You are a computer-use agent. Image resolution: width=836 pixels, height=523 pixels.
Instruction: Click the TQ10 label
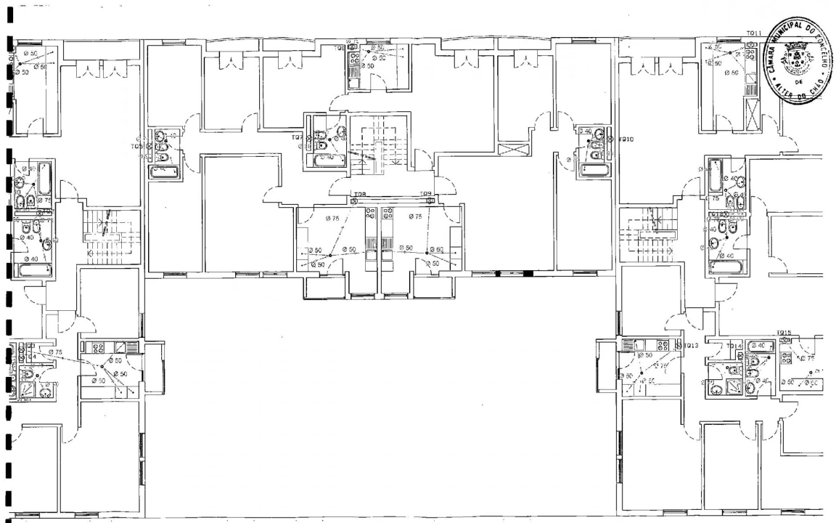tap(626, 138)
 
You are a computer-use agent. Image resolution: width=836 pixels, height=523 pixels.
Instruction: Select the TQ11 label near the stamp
tap(753, 34)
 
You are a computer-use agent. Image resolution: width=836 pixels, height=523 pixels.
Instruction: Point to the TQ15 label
tap(783, 333)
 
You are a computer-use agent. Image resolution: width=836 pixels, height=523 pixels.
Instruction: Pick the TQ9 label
tap(425, 194)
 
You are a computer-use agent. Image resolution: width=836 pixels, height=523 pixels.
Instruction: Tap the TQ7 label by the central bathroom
tap(297, 137)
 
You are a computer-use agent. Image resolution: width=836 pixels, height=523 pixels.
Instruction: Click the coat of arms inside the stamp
tap(797, 54)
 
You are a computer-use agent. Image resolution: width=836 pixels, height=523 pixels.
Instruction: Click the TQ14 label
tap(734, 346)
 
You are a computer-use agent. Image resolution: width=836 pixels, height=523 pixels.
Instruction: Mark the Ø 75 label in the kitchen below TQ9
tap(415, 217)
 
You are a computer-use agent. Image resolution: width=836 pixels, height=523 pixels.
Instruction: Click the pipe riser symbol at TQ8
tap(353, 202)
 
